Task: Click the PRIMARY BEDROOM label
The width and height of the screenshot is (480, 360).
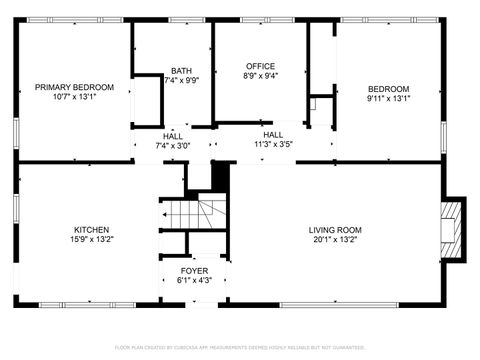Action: click(x=74, y=88)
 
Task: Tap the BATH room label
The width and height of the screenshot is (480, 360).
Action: click(x=181, y=71)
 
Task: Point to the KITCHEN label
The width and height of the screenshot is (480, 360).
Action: click(x=91, y=229)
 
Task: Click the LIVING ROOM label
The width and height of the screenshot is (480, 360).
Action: click(x=334, y=229)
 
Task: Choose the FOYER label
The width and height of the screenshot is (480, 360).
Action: click(x=194, y=270)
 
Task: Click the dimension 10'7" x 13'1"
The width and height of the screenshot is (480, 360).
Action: click(x=74, y=98)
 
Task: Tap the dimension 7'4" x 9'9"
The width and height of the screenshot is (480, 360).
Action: click(x=181, y=81)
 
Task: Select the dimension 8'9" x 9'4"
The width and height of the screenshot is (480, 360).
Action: click(x=260, y=75)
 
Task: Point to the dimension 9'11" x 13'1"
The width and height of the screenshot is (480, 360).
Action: click(x=388, y=98)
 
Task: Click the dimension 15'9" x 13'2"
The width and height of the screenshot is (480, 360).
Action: click(x=91, y=239)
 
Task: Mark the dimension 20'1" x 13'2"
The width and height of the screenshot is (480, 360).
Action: click(x=334, y=239)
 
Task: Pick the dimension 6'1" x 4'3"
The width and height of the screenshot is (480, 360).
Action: click(x=194, y=280)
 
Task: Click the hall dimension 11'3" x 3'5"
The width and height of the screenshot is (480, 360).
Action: click(x=273, y=145)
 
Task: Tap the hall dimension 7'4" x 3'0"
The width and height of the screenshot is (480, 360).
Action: click(x=173, y=145)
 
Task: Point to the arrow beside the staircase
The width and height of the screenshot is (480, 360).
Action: click(x=164, y=213)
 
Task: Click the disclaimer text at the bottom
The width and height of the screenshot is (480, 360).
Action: click(x=240, y=347)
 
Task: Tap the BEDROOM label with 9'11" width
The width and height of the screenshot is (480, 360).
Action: click(x=388, y=88)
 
